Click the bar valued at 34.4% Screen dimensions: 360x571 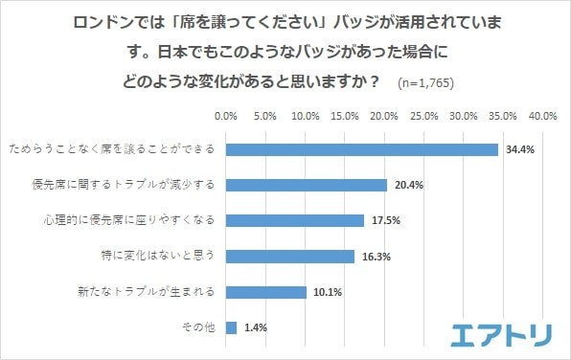362,149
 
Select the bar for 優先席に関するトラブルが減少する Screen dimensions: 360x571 307,185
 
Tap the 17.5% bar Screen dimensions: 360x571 295,220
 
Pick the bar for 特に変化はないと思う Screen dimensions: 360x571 290,256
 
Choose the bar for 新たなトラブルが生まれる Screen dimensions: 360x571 266,291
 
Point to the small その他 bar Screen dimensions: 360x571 231,326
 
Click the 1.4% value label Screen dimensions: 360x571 255,327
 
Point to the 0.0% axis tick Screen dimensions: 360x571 226,116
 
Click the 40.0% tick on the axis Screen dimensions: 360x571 543,116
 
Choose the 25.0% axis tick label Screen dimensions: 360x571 424,116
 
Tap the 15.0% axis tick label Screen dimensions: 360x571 345,116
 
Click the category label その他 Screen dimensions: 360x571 199,327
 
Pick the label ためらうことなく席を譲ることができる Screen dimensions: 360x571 111,150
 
